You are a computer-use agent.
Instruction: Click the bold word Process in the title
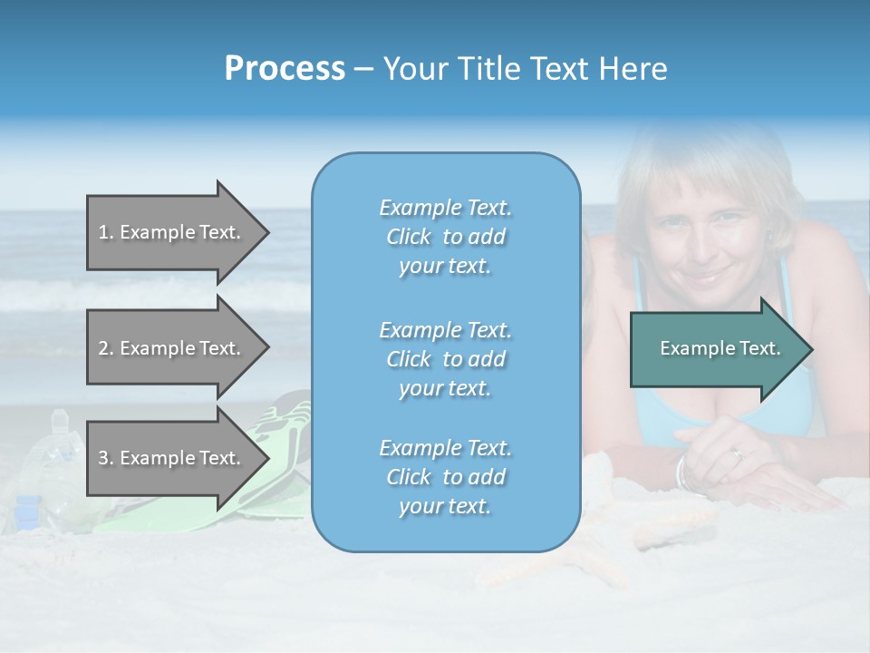click(285, 69)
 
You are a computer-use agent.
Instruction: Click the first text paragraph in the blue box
click(445, 237)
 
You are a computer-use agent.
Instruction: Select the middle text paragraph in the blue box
click(445, 358)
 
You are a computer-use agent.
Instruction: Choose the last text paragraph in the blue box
click(445, 477)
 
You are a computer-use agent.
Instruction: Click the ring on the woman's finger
click(739, 453)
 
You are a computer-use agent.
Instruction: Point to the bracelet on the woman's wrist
click(681, 472)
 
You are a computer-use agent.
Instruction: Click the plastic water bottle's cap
click(60, 417)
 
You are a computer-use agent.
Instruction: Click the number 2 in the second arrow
click(103, 348)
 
